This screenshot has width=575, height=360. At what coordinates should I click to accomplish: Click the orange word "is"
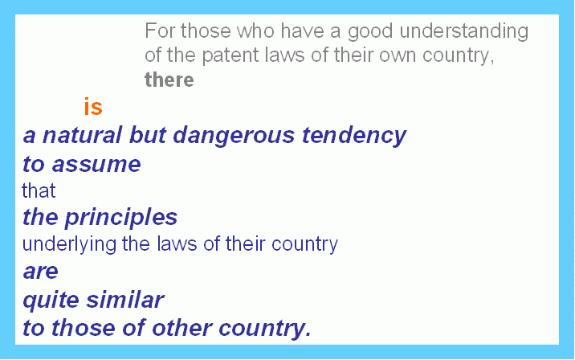pos(93,107)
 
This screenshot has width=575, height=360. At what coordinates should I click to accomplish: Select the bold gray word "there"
pos(169,80)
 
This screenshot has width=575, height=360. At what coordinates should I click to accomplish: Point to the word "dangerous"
pos(234,136)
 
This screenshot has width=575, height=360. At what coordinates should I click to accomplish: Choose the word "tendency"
pos(354,136)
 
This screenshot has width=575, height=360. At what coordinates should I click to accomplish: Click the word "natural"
pos(82,135)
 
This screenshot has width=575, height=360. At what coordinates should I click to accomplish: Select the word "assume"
pos(96,164)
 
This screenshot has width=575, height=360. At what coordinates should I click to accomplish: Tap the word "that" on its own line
pos(39,190)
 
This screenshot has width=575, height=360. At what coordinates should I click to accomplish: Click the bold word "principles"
pos(121,218)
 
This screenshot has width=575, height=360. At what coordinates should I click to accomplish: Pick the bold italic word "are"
pos(41,272)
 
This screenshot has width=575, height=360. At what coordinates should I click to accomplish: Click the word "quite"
pos(51,301)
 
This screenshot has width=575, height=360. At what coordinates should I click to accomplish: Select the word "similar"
pos(125,300)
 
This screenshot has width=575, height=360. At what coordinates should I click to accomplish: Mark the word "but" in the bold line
pos(148,135)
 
